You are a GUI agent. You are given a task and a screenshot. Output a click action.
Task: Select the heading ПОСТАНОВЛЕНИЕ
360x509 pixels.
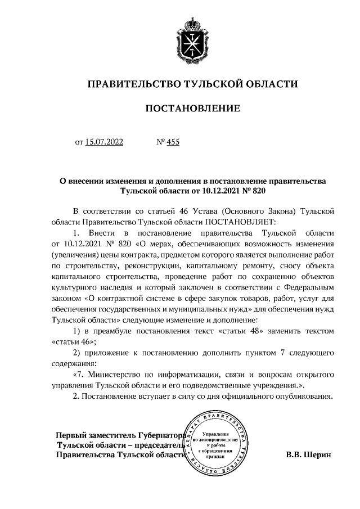tap(193, 108)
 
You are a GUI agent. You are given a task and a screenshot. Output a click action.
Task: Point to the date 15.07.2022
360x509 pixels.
tap(104, 143)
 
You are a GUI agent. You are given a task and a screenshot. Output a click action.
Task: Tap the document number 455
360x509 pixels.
tap(173, 143)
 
